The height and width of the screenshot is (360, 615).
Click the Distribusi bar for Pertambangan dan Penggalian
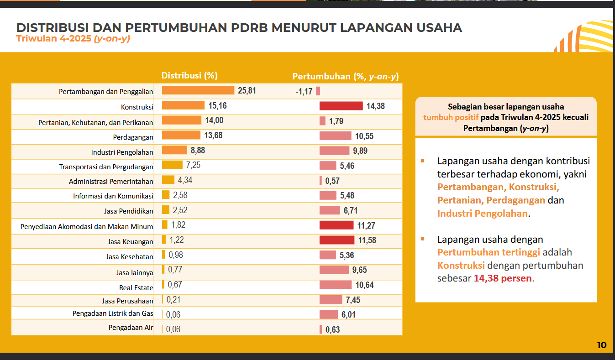tap(198, 90)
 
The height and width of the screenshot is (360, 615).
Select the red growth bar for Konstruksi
tap(341, 106)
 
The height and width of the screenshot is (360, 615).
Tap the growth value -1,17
tap(304, 91)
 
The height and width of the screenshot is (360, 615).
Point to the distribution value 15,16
tap(217, 106)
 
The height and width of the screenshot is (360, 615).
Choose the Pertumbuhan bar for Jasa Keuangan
tap(336, 240)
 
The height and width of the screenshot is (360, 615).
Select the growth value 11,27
tap(366, 225)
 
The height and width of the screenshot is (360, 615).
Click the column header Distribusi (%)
tap(189, 76)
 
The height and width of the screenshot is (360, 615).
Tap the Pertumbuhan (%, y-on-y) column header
tap(348, 76)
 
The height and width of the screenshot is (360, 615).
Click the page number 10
tap(601, 345)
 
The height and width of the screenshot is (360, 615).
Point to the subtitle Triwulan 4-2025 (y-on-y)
tap(73, 39)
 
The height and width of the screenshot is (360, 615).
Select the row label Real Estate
tap(136, 287)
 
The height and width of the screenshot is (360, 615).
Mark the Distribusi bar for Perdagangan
tap(181, 136)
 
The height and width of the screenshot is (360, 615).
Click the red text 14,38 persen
tap(503, 278)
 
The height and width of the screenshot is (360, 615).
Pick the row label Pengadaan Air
tap(131, 328)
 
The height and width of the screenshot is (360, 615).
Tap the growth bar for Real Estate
tap(335, 285)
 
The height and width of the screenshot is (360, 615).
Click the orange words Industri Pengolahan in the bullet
tap(482, 213)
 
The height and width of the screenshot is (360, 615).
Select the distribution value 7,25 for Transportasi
tap(190, 165)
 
